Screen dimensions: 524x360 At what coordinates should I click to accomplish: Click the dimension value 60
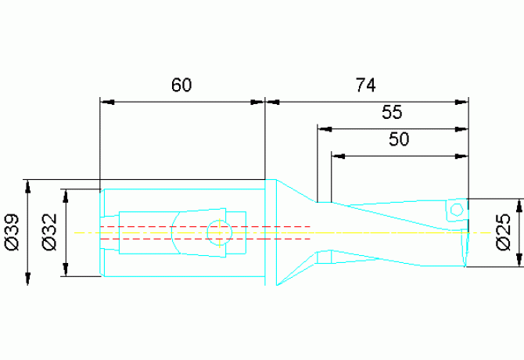(181, 85)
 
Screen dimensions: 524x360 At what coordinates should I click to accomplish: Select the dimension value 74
(365, 85)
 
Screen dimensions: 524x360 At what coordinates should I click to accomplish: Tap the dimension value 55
(392, 112)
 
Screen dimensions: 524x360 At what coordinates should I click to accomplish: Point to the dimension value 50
(399, 139)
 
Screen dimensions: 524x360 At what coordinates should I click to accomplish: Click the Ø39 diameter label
(13, 232)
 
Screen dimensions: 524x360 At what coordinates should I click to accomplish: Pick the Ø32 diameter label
(50, 232)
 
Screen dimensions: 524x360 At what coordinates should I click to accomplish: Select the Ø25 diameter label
(504, 232)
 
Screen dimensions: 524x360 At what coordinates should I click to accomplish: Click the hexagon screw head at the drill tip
(457, 210)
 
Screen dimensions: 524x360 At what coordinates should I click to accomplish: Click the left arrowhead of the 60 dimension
(107, 102)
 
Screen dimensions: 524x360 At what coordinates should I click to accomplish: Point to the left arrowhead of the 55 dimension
(325, 129)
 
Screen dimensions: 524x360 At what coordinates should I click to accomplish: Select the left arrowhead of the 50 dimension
(338, 156)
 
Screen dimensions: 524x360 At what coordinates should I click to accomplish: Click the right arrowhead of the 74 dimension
(461, 102)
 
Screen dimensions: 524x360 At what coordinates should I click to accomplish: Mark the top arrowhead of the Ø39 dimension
(27, 186)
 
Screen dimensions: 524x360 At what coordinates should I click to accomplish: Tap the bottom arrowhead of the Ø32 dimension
(66, 269)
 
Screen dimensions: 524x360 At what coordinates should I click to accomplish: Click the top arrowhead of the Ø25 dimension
(519, 206)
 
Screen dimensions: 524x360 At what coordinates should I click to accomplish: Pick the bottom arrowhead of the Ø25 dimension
(519, 260)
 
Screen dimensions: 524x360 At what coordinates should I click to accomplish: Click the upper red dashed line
(205, 227)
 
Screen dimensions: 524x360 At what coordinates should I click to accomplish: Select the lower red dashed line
(205, 239)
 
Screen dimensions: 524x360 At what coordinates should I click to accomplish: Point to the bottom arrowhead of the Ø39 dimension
(27, 279)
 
